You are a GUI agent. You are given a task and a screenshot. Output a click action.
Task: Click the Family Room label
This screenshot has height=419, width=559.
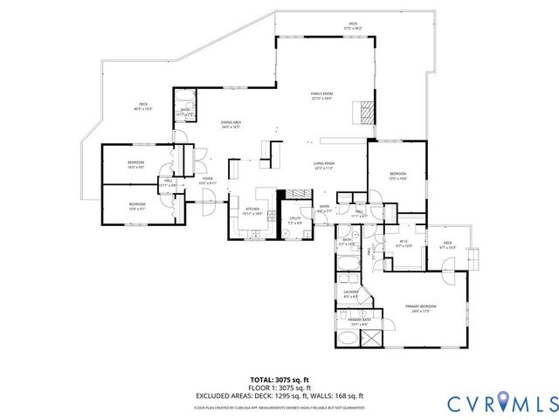coord(323,96)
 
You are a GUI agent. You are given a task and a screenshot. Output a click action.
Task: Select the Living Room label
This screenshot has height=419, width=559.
coord(326,165)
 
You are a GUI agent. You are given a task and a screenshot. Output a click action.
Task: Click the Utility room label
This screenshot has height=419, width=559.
coord(295,220)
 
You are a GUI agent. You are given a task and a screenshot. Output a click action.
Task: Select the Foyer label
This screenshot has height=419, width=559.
coord(208,181)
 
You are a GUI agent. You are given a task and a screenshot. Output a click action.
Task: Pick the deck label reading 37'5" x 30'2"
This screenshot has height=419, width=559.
coord(353,25)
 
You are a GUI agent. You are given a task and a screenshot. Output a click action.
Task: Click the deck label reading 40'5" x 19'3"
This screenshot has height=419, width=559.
coord(143,106)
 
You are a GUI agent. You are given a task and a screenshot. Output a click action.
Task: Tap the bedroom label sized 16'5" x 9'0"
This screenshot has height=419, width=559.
coord(136,165)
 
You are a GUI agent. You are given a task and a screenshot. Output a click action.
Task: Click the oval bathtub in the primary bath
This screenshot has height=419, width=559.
coord(348,334)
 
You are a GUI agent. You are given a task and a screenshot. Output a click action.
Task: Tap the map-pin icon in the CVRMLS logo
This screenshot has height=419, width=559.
coord(503,402)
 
